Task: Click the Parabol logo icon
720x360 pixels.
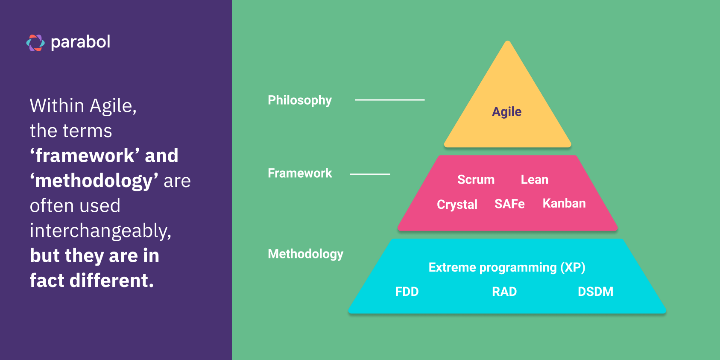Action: pyautogui.click(x=35, y=43)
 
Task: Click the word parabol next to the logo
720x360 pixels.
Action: pyautogui.click(x=80, y=42)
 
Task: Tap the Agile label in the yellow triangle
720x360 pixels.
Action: pyautogui.click(x=506, y=112)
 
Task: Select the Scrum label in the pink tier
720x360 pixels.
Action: pyautogui.click(x=476, y=180)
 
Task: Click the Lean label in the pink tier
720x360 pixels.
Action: pyautogui.click(x=534, y=180)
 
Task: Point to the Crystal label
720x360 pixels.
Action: pyautogui.click(x=457, y=205)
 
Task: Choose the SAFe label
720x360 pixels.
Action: pyautogui.click(x=509, y=204)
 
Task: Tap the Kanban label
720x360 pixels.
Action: pyautogui.click(x=564, y=203)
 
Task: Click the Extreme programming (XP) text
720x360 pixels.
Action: pyautogui.click(x=506, y=267)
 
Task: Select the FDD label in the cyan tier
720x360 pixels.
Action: pyautogui.click(x=407, y=292)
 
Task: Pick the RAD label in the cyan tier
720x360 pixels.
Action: pyautogui.click(x=504, y=292)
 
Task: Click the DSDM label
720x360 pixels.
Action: pyautogui.click(x=595, y=292)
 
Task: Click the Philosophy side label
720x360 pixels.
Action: pyautogui.click(x=299, y=100)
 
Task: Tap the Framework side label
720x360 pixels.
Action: pyautogui.click(x=300, y=173)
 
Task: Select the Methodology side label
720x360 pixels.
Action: pyautogui.click(x=305, y=254)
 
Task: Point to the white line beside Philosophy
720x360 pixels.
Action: pyautogui.click(x=389, y=100)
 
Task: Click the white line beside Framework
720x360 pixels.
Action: pyautogui.click(x=370, y=174)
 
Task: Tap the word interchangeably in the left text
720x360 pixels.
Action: pyautogui.click(x=100, y=231)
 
